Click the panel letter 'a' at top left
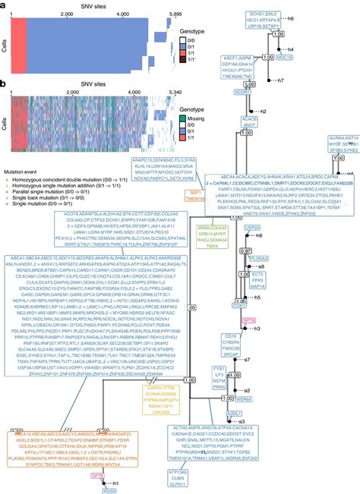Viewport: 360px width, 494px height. tap(4, 5)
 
